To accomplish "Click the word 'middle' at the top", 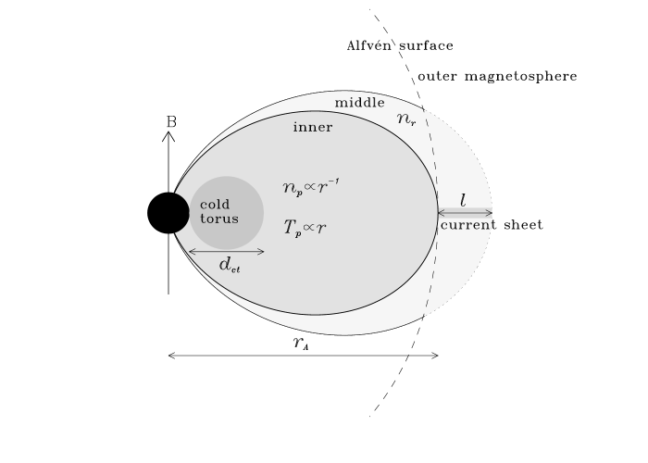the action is coord(359,102).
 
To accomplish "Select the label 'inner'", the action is coord(313,127).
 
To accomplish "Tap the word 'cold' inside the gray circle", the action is coord(215,204).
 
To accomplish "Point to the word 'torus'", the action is coord(219,219).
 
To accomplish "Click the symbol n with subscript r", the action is coord(405,119).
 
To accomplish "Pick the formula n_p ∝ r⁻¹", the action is coord(310,187).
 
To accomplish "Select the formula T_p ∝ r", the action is coord(305,227).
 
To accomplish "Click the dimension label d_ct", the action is coord(228,264).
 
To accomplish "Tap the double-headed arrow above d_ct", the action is coord(227,251).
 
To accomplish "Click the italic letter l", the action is coord(463,201).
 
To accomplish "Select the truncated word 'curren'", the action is coord(465,225).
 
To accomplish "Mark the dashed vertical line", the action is coord(432,212).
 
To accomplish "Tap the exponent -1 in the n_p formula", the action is coord(333,181).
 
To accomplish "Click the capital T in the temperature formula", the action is coord(289,226).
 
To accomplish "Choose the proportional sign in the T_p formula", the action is coord(309,227).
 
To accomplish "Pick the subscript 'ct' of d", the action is coord(235,269).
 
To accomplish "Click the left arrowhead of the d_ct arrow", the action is coord(192,251).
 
